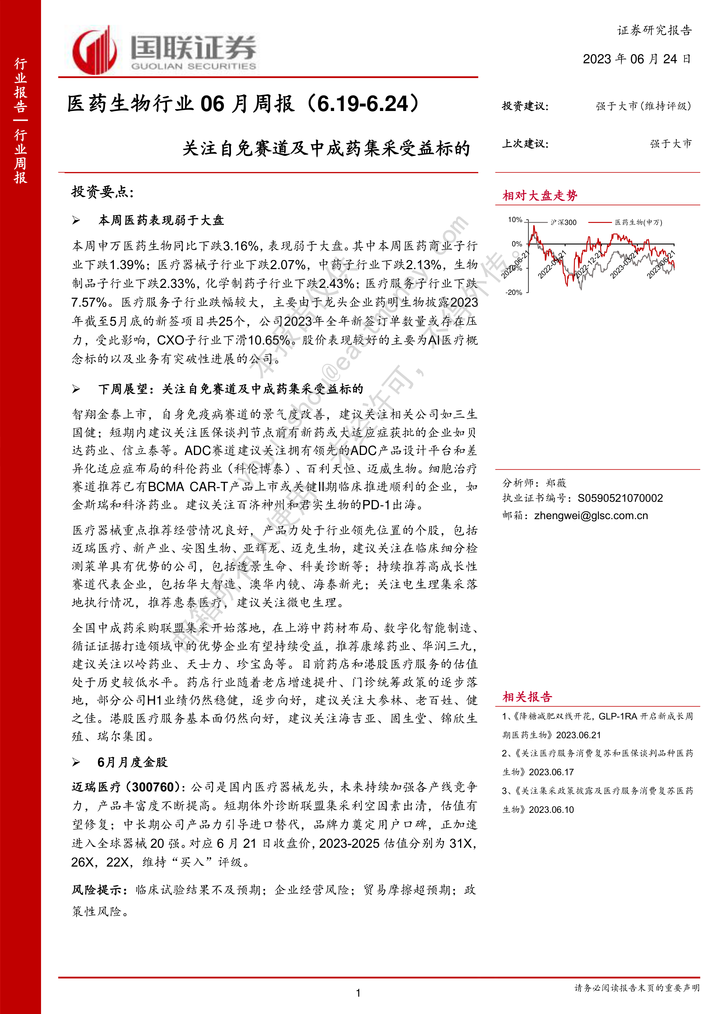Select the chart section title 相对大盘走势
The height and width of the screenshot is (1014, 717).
540,196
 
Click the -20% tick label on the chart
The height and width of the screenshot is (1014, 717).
514,292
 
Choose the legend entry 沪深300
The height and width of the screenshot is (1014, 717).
563,223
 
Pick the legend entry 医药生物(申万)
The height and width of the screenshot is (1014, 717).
638,223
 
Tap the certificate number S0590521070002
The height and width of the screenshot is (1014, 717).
620,498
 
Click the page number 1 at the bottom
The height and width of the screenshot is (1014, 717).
358,993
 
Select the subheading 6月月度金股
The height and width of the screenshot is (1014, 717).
132,762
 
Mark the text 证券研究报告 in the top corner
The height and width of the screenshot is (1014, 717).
654,30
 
